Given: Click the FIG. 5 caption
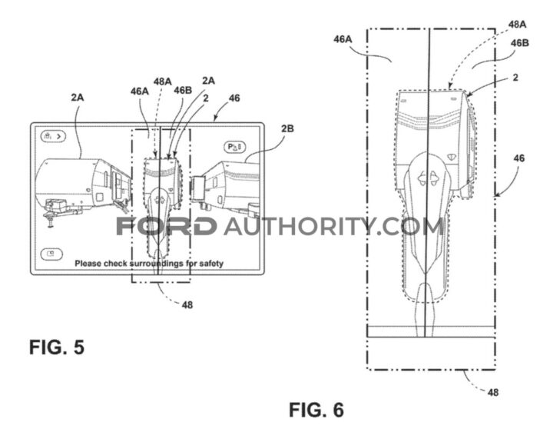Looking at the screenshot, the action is tap(57, 347).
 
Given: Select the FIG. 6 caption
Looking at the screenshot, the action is tap(316, 410).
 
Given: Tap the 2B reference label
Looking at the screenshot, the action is tap(287, 128).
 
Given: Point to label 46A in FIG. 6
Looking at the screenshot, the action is tap(343, 39).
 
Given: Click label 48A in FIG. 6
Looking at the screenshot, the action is tap(518, 25).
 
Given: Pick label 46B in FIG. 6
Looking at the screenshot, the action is tap(520, 43).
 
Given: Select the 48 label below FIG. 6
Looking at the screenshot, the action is tap(493, 392).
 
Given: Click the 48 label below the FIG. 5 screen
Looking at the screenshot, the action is tap(187, 304).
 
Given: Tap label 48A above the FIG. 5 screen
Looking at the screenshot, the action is tap(162, 81).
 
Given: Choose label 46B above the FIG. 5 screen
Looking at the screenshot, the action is tap(183, 91).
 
